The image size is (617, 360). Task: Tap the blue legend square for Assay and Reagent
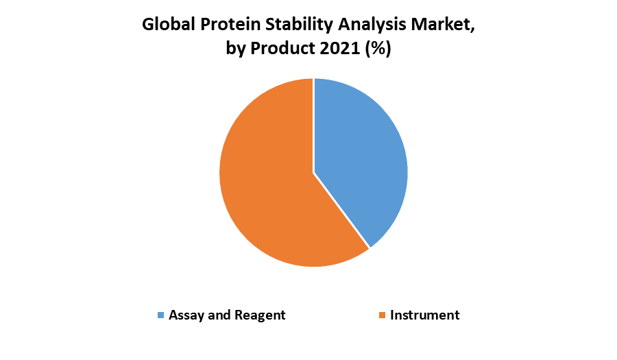coord(161,315)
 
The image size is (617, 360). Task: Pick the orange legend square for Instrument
coord(382,315)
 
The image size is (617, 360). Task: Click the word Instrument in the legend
coord(424,315)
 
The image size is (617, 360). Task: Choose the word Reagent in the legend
coord(260,315)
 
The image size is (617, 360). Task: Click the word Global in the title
coord(168,25)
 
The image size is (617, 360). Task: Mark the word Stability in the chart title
coord(295,25)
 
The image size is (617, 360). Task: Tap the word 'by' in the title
coord(237,50)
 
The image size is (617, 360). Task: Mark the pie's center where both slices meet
coord(314,172)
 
